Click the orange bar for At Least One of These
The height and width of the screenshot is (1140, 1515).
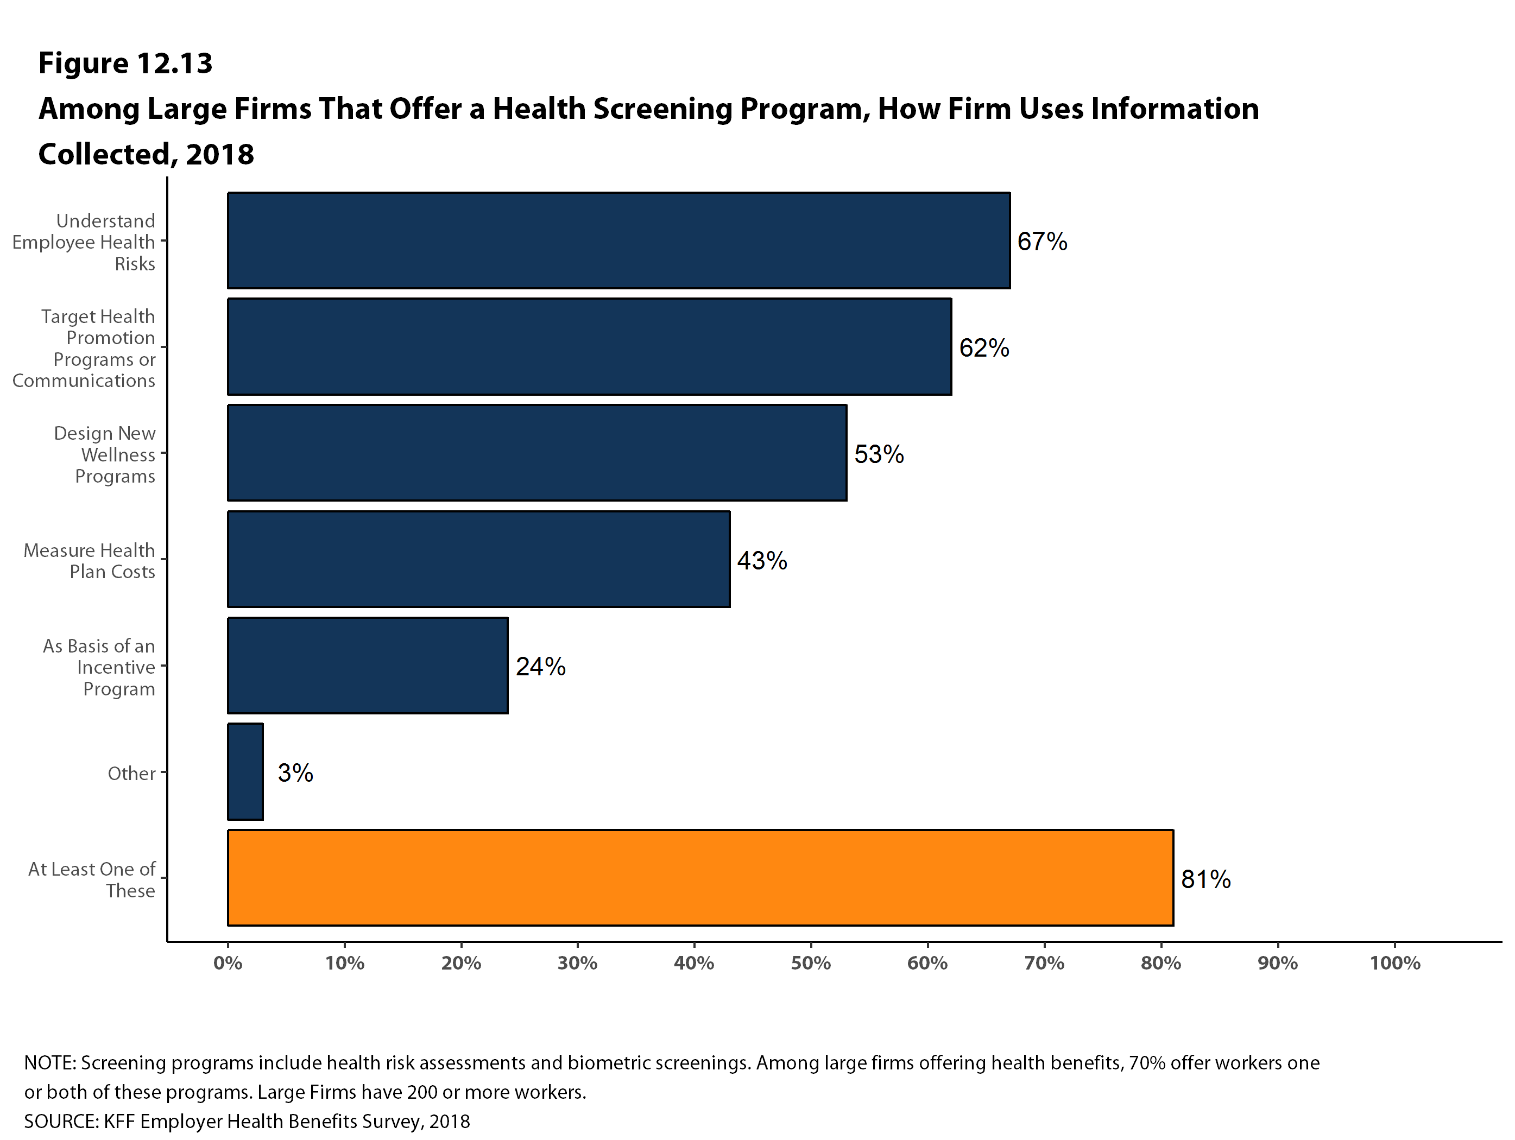700,878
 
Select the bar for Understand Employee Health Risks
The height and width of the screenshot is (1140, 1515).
618,240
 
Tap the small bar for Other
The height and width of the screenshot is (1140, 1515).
245,771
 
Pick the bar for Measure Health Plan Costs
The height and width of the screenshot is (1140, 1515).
479,559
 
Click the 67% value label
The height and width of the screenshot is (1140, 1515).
1041,242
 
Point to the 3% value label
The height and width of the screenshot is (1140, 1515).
295,773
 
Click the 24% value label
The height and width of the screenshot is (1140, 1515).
540,667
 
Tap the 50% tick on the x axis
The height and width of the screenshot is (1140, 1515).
811,964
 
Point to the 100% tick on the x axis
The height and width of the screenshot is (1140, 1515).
1394,964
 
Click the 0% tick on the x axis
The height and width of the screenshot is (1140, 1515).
228,964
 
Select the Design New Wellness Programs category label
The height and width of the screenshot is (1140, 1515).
105,454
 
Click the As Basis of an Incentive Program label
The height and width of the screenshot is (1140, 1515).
99,667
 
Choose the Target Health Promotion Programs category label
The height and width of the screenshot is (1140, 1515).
84,348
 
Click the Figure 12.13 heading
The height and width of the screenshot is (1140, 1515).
125,63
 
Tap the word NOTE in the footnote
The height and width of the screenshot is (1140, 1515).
49,1063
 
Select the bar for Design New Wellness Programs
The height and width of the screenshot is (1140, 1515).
537,453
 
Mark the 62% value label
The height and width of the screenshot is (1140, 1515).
983,349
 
